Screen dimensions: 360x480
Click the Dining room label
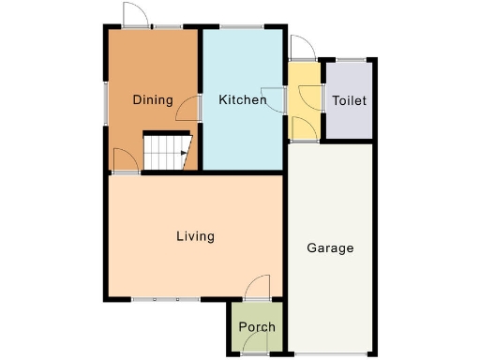(152, 100)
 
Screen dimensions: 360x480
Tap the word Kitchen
(240, 99)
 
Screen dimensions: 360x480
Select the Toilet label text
(349, 100)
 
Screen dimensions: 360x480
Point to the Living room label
(195, 236)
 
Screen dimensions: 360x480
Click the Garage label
(330, 248)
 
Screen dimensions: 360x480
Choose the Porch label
(257, 327)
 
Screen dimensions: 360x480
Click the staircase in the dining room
(166, 151)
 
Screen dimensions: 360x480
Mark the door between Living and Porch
(257, 286)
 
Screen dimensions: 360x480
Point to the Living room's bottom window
(165, 299)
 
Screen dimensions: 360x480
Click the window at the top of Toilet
(349, 61)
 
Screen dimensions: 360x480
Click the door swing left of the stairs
(123, 159)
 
